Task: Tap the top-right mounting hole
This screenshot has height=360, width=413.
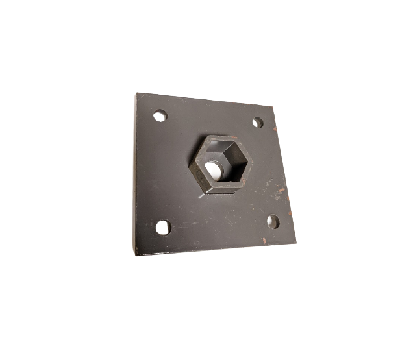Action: click(x=258, y=122)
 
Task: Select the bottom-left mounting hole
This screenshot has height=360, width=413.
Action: click(x=163, y=227)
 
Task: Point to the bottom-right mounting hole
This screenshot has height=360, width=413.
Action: click(x=273, y=221)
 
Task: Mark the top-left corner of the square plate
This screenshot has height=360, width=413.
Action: click(x=137, y=94)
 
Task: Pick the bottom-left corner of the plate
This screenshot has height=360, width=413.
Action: click(x=135, y=254)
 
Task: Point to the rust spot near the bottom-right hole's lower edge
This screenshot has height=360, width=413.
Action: click(x=265, y=241)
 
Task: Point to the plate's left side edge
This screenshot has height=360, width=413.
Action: click(x=136, y=175)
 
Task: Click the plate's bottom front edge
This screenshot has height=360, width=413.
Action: click(x=214, y=250)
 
